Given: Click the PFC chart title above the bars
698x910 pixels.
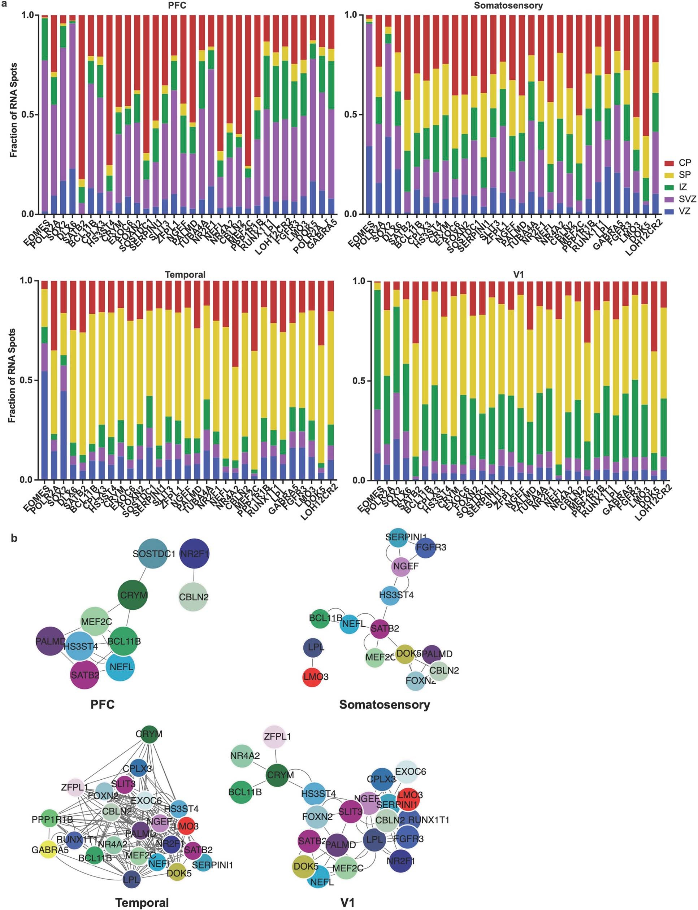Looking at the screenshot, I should (177, 6).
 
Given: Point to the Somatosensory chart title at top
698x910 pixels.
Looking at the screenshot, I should (508, 6).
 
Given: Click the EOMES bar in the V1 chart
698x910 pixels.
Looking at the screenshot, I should (377, 381).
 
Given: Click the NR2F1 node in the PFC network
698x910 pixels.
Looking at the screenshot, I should (194, 553).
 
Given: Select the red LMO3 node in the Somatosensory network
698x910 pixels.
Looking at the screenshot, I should (316, 676).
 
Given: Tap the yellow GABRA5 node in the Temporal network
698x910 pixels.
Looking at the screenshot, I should (49, 850).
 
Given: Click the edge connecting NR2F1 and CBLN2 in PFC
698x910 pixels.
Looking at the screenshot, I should (194, 575).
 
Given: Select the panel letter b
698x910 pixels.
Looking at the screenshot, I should (14, 539).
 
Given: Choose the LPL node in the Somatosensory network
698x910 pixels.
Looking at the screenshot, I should (316, 647).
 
